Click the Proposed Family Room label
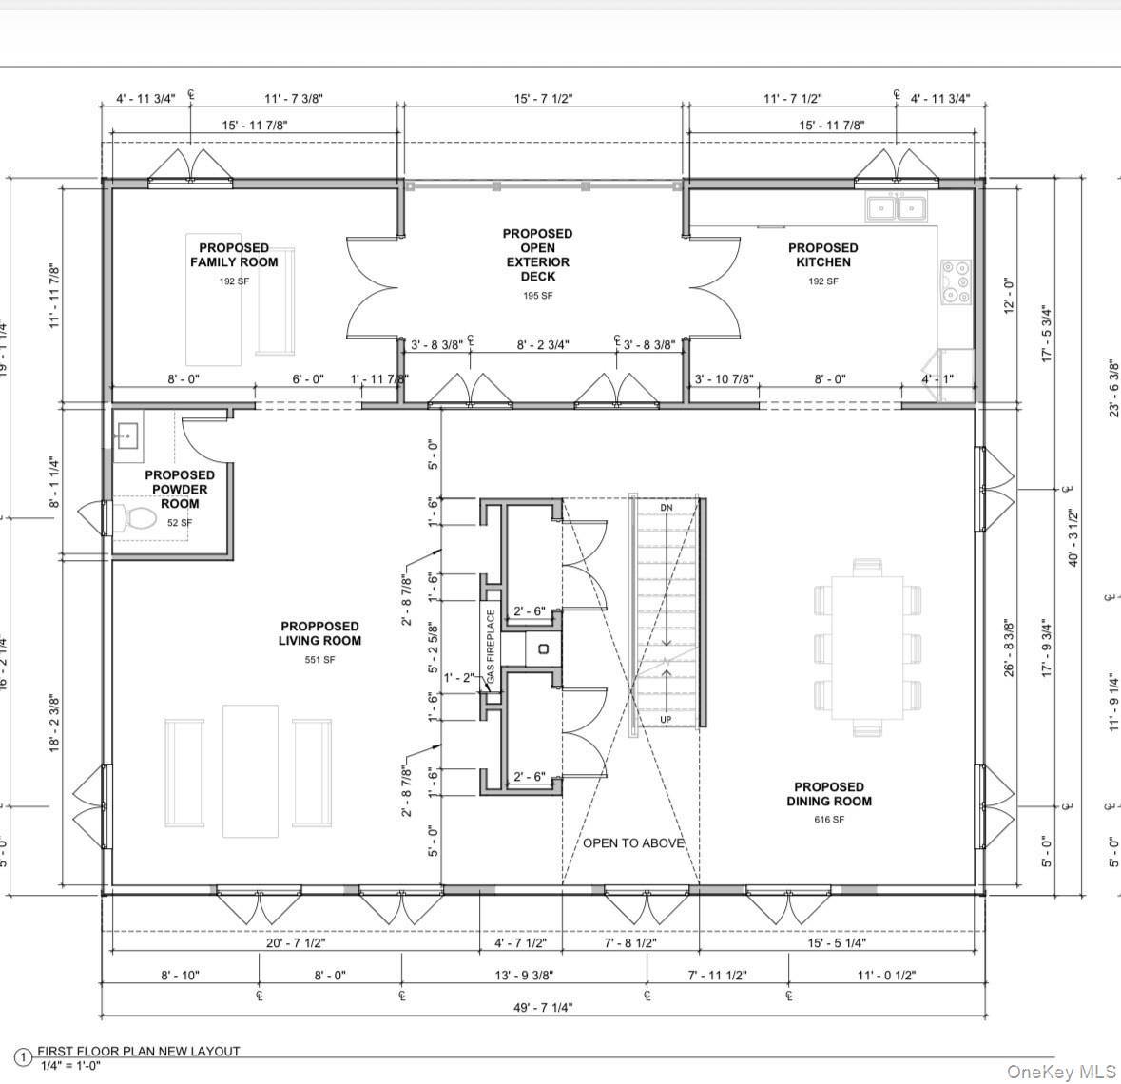pyautogui.click(x=234, y=255)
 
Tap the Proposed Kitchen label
pyautogui.click(x=822, y=255)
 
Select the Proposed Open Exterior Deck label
pyautogui.click(x=537, y=255)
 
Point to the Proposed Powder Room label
pyautogui.click(x=180, y=489)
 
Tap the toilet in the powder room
pyautogui.click(x=139, y=518)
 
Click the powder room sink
pyautogui.click(x=126, y=438)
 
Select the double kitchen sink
pyautogui.click(x=897, y=207)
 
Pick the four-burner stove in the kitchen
pyautogui.click(x=955, y=281)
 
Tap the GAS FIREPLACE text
pyautogui.click(x=491, y=648)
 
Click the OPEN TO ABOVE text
pyautogui.click(x=633, y=842)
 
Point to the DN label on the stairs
pyautogui.click(x=666, y=508)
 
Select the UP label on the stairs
pyautogui.click(x=666, y=720)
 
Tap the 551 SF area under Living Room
pyautogui.click(x=319, y=660)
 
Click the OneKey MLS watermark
pyautogui.click(x=1061, y=1072)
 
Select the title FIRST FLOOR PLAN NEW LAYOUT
pyautogui.click(x=138, y=1051)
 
